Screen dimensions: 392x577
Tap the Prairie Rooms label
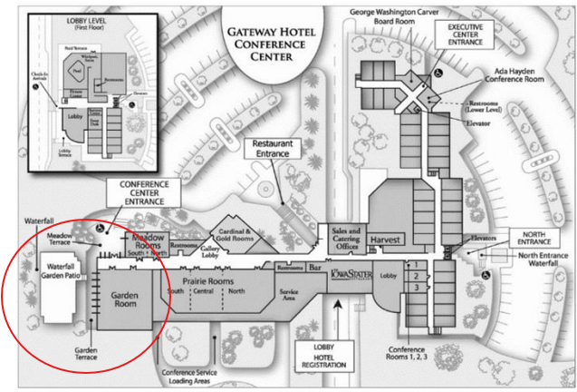pos(209,282)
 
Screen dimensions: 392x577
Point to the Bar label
pos(316,269)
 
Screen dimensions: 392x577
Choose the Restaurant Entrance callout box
pos(271,149)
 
